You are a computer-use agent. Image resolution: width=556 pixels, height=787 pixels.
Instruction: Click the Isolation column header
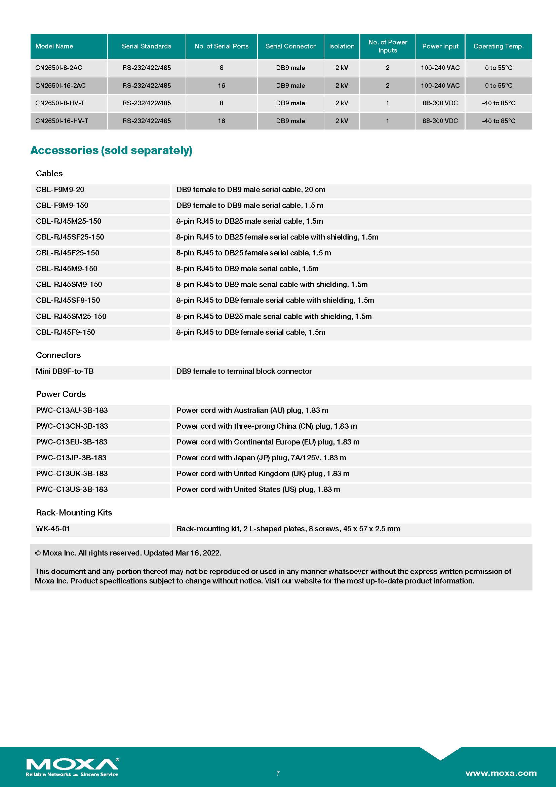click(342, 46)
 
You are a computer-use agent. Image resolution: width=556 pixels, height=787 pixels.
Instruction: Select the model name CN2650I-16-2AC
click(60, 86)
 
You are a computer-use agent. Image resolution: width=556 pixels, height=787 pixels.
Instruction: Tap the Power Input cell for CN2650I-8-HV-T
click(440, 103)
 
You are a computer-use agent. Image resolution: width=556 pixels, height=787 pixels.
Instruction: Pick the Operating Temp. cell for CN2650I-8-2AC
click(499, 68)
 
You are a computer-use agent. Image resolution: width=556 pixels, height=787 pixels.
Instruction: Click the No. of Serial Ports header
click(222, 46)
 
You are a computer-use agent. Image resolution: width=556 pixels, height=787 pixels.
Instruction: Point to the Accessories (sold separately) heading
click(111, 150)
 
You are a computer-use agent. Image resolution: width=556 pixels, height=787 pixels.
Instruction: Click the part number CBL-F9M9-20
click(60, 189)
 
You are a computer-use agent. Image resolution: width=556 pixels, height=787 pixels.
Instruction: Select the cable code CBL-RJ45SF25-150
click(70, 237)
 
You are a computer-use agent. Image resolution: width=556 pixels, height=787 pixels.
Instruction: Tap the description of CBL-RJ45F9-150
click(251, 332)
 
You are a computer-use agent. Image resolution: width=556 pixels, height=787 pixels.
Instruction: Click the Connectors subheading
click(58, 355)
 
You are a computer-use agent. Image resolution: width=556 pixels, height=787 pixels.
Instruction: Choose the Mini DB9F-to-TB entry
click(65, 371)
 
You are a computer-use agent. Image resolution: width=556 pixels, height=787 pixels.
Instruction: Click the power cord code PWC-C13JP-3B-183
click(71, 458)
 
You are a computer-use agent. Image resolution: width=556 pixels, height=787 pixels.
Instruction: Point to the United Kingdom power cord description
click(263, 473)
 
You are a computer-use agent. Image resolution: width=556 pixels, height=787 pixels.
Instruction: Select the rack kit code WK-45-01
click(53, 529)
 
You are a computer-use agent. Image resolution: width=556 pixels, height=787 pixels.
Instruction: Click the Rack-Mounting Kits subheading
click(74, 512)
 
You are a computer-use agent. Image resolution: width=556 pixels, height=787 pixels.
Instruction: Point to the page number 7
click(278, 773)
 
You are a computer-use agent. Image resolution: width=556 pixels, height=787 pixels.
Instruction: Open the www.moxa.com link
click(501, 773)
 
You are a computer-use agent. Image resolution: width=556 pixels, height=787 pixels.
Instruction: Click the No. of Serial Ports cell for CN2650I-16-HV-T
click(222, 121)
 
